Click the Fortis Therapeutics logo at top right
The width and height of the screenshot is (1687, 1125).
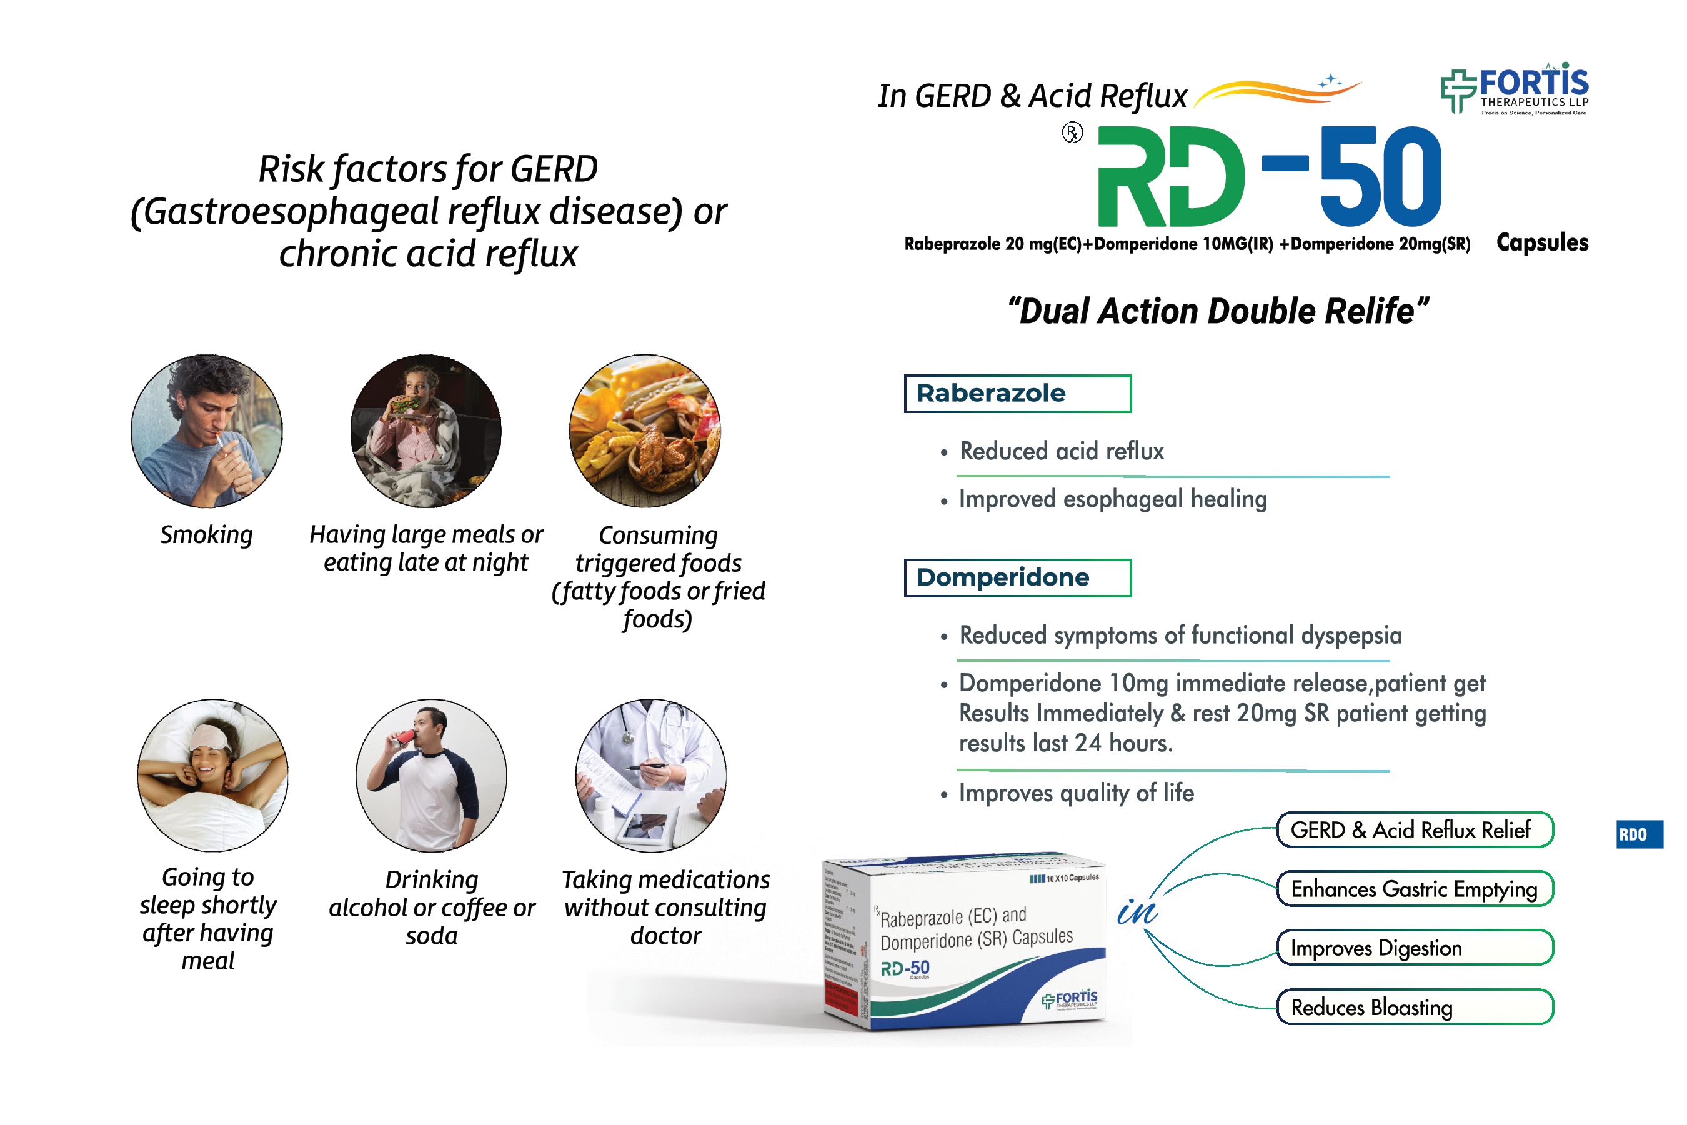(x=1514, y=89)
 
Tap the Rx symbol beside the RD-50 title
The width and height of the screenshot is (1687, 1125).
(x=1072, y=132)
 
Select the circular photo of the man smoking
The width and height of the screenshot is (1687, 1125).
(x=207, y=431)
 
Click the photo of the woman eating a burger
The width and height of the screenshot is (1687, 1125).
(x=426, y=431)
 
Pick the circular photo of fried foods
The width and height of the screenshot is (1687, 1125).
(x=644, y=431)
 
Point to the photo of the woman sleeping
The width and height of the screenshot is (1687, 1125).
(x=212, y=775)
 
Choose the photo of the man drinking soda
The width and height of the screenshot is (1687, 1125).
(x=431, y=775)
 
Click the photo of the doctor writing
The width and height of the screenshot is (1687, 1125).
(x=650, y=775)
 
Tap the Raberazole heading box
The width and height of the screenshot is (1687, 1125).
(x=1017, y=393)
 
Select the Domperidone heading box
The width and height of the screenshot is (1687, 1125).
(x=1017, y=577)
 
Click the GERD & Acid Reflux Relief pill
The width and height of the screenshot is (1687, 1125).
(x=1415, y=830)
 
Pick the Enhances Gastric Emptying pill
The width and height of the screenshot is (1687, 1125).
(x=1415, y=889)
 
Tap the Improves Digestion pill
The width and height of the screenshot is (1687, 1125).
(x=1415, y=947)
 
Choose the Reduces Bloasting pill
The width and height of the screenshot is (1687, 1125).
(x=1415, y=1007)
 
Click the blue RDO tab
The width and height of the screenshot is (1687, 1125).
(x=1639, y=834)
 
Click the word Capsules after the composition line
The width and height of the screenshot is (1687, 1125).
(x=1542, y=242)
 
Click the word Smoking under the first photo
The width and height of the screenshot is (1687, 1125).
(x=207, y=534)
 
